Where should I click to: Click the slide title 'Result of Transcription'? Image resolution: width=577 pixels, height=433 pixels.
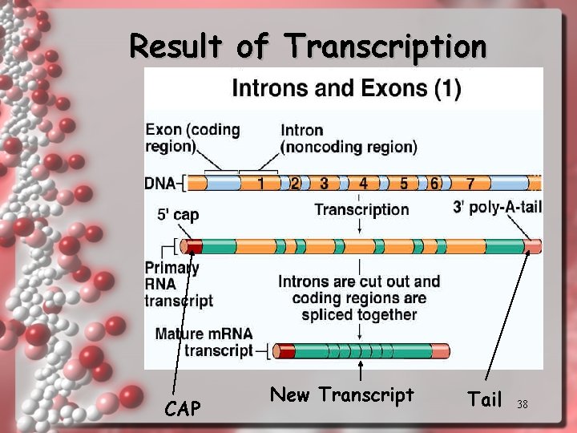(308, 46)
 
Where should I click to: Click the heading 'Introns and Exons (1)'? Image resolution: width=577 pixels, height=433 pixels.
(345, 87)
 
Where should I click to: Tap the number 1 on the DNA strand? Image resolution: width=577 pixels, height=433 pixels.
(260, 184)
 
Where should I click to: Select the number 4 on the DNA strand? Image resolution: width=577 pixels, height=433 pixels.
(363, 184)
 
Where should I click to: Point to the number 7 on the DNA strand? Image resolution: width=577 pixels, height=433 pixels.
(470, 184)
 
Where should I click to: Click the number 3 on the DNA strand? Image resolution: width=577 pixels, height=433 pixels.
(324, 184)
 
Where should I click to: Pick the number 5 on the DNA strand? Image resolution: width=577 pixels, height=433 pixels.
(404, 184)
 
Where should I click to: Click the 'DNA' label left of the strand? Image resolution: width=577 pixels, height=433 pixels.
(159, 184)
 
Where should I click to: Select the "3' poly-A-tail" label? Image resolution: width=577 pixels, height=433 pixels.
(497, 208)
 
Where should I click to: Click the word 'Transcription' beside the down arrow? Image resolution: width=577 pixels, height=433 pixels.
(361, 210)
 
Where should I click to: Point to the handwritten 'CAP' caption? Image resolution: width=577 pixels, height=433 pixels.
(183, 409)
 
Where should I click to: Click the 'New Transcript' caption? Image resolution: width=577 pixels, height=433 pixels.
(342, 395)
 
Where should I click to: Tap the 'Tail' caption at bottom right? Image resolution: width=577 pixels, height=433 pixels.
(484, 399)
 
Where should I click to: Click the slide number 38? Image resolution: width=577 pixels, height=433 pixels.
(523, 404)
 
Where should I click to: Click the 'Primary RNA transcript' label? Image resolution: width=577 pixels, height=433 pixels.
(178, 284)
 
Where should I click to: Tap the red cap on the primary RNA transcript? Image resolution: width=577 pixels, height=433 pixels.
(193, 246)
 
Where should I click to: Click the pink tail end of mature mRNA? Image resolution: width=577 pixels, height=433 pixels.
(440, 350)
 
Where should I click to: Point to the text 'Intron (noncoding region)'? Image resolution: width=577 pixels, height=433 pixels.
(348, 138)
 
